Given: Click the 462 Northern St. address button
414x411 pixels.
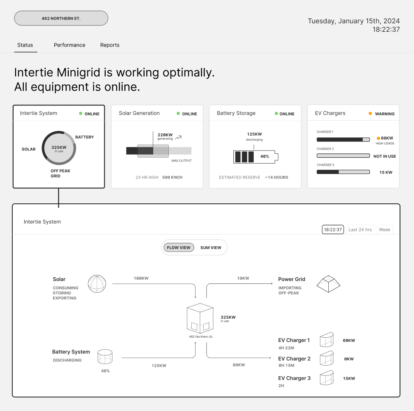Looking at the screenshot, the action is tap(61, 18).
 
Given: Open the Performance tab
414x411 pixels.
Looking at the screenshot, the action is tap(70, 45).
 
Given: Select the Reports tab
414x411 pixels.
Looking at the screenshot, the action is tap(110, 45).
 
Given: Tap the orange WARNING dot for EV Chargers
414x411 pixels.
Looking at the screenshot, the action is tap(370, 114).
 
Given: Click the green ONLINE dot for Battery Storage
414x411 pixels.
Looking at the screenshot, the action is tap(276, 114).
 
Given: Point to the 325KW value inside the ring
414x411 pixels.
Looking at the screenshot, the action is tap(59, 147).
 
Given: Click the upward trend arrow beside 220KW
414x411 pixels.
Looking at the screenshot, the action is tap(179, 137).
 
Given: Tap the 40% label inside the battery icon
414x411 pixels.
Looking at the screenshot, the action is tap(265, 156).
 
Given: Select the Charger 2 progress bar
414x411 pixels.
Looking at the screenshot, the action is tap(343, 156).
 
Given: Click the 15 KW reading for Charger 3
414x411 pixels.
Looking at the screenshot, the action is tap(386, 172).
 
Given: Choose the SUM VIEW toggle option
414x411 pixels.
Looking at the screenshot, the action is tap(211, 247).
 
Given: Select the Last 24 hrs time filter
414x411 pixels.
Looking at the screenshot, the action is tap(360, 230).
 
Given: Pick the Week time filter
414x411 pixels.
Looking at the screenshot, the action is tap(384, 230).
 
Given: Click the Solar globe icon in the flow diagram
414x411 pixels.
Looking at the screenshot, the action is tap(97, 284).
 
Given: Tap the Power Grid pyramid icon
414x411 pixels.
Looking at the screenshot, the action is tap(328, 284).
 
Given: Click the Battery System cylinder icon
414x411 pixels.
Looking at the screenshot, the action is tap(105, 356).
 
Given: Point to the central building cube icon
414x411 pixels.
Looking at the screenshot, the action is tap(200, 318).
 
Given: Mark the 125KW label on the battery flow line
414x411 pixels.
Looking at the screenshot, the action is tap(159, 365).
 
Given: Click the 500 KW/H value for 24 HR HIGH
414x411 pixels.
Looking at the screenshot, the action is tap(172, 177).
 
